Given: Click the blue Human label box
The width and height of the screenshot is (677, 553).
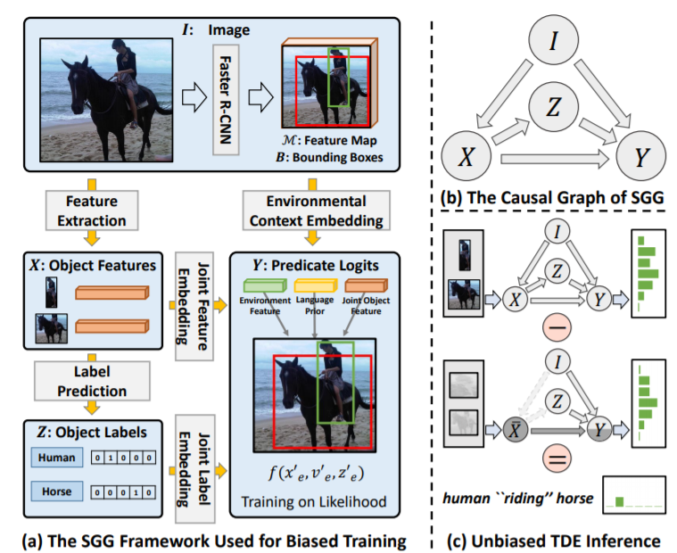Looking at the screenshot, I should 56,458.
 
